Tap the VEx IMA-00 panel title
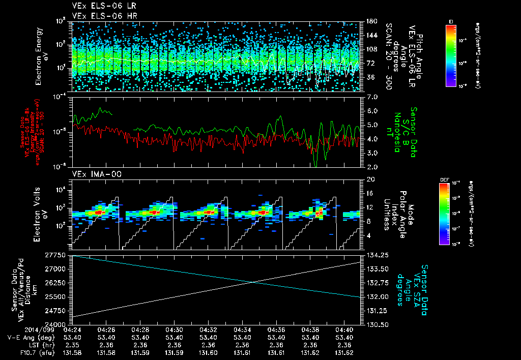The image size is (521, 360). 92,174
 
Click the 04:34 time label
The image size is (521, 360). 242,330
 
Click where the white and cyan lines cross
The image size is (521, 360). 253,282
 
